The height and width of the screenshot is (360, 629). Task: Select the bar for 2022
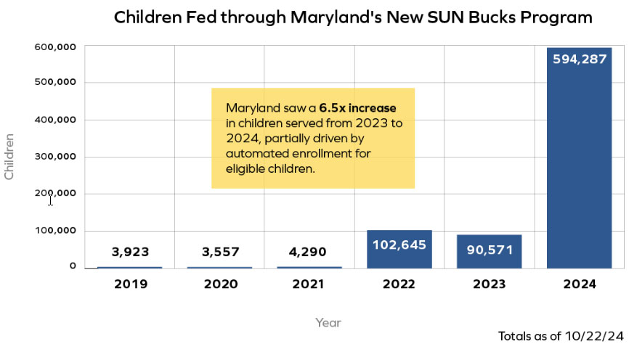pos(399,254)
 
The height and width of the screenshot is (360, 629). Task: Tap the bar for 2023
pos(489,258)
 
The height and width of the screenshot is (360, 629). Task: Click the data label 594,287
pos(579,60)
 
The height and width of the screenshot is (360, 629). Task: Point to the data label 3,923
pos(130,252)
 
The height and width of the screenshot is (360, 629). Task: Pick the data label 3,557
pos(220,252)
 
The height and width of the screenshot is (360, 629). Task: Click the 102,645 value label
pos(399,245)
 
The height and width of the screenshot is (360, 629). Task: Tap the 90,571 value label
pos(489,250)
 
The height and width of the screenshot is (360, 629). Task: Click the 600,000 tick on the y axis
pos(56,46)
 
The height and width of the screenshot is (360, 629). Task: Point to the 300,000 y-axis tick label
pos(56,157)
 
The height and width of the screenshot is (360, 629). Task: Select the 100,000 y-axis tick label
pos(56,231)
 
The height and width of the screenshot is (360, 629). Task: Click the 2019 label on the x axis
pos(130,285)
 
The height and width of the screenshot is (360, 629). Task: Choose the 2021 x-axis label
pos(309,285)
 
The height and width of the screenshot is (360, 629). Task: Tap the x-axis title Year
pos(328,322)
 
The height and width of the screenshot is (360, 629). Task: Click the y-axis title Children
pos(9,156)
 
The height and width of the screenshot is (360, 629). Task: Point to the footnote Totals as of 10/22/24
pos(561,337)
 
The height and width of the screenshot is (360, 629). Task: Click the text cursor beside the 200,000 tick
pos(50,200)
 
